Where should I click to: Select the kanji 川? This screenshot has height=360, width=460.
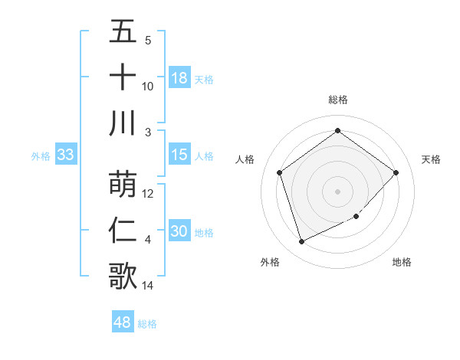point(123,123)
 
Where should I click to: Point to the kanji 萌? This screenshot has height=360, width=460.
point(123,184)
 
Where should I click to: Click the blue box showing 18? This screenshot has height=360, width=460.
point(179,78)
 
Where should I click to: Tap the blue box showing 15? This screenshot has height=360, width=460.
point(179,155)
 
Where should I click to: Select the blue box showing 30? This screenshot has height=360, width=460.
point(179,232)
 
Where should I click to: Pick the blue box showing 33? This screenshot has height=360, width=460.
point(65,155)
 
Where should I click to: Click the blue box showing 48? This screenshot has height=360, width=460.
point(122,322)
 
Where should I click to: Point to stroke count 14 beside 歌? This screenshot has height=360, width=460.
point(149,286)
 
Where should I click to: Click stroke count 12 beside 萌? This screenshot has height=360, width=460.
point(149,194)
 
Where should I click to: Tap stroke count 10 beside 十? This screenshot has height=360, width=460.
point(148,87)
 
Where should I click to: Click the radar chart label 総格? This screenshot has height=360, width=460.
point(337,100)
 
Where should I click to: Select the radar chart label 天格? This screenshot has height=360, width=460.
point(432,159)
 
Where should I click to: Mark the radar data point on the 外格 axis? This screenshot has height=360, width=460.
point(301,242)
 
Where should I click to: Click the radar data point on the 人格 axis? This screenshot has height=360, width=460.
point(280,172)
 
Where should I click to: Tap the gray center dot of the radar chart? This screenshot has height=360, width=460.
point(337,191)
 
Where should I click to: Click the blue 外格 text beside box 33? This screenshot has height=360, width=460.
point(41,156)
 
